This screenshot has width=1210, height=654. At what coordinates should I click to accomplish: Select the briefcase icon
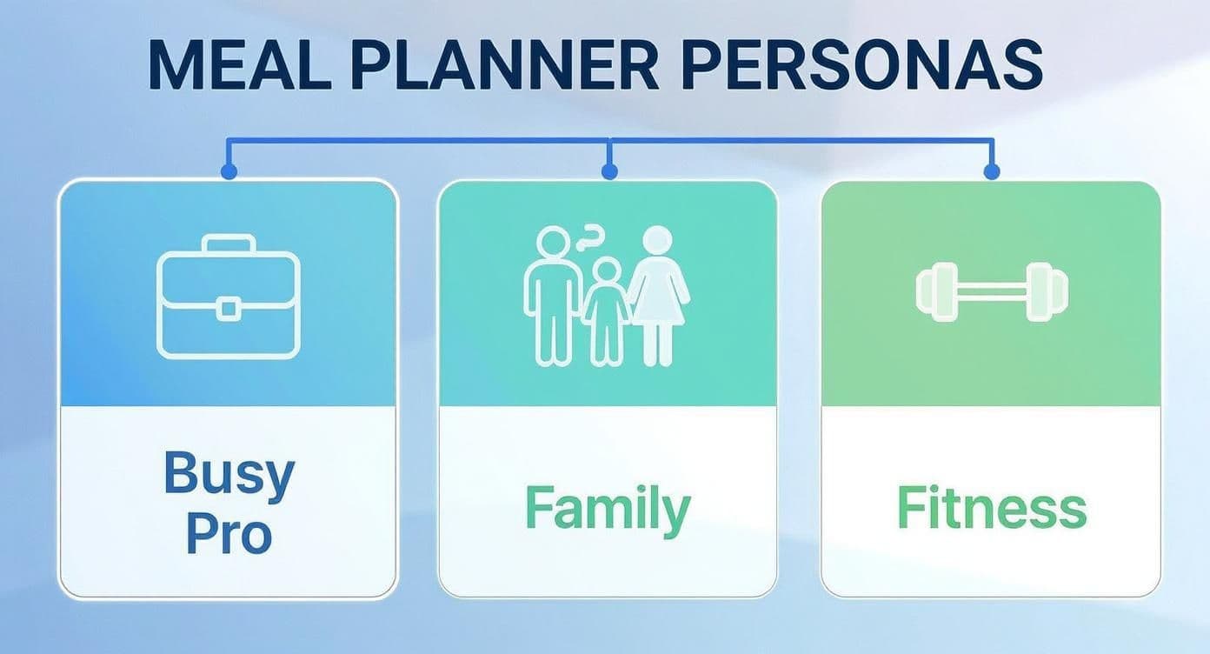click(228, 297)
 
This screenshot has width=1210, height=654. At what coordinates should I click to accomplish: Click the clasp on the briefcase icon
click(228, 309)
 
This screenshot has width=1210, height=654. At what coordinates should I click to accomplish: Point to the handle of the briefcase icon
click(228, 244)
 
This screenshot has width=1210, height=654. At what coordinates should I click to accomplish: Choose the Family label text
click(608, 508)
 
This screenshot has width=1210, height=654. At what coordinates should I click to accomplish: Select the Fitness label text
click(991, 508)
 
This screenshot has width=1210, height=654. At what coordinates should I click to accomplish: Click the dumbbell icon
click(992, 291)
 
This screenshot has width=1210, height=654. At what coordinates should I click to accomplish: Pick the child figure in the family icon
click(606, 317)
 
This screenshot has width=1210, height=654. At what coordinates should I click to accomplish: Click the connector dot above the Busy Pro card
click(229, 172)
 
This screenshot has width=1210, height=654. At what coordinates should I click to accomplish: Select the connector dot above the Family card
click(609, 172)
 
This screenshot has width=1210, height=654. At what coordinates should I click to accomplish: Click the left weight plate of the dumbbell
click(933, 291)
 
